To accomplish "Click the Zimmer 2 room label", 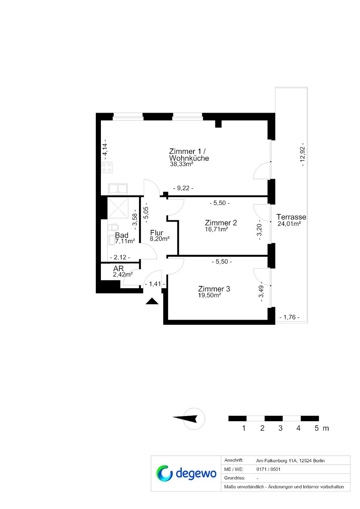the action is pyautogui.click(x=221, y=222).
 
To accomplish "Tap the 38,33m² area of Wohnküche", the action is pyautogui.click(x=182, y=164).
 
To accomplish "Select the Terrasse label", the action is pyautogui.click(x=291, y=217).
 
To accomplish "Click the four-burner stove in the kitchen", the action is pyautogui.click(x=106, y=168).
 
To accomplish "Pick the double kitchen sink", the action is pyautogui.click(x=118, y=189).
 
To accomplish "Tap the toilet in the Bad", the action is pyautogui.click(x=113, y=228).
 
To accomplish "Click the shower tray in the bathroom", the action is pyautogui.click(x=118, y=208).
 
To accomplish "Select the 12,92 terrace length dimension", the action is pyautogui.click(x=303, y=154).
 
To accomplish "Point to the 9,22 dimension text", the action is pyautogui.click(x=183, y=188).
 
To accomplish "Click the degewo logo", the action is pyautogui.click(x=186, y=474).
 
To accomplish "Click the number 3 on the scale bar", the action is pyautogui.click(x=281, y=428).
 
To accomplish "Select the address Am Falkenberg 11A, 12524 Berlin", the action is pyautogui.click(x=290, y=461).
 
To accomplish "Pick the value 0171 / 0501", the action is pyautogui.click(x=268, y=469).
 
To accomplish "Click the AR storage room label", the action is pyautogui.click(x=118, y=268).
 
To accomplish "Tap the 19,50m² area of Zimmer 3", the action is pyautogui.click(x=210, y=295).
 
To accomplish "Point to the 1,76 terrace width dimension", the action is pyautogui.click(x=289, y=317).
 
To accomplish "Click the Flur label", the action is pyautogui.click(x=157, y=233).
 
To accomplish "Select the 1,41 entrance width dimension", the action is pyautogui.click(x=155, y=284).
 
